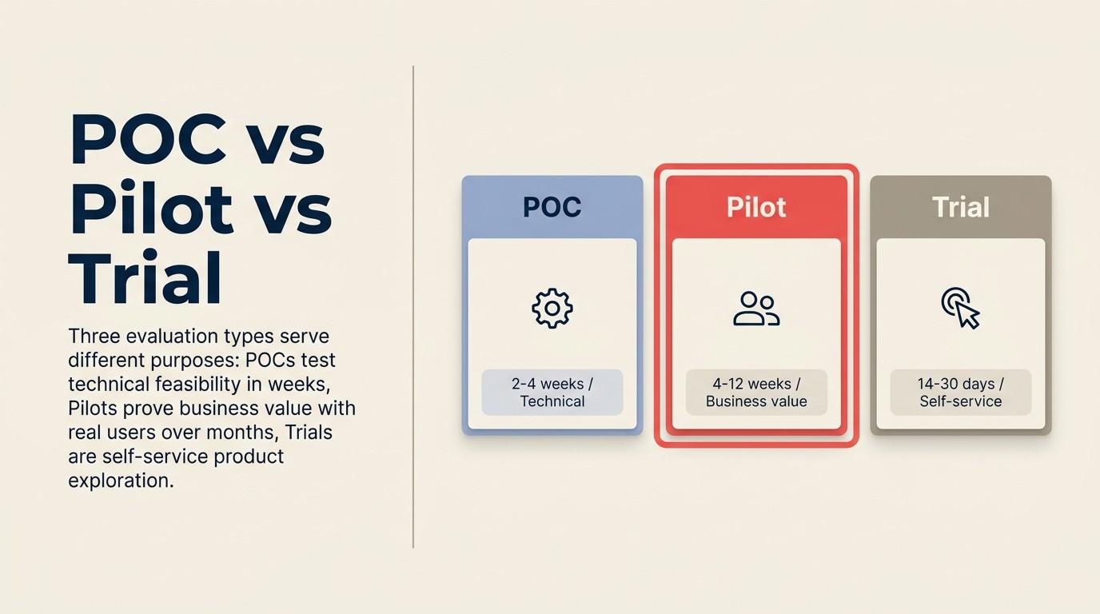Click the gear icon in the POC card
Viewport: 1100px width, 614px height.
tap(552, 309)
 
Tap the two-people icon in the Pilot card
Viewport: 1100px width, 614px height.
tap(756, 309)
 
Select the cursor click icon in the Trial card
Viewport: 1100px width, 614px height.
tap(960, 309)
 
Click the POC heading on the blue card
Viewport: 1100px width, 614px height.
tap(552, 208)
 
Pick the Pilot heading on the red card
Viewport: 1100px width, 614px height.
tap(756, 208)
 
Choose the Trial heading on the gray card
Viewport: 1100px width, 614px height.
tap(961, 208)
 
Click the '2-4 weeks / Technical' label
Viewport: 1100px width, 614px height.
tap(552, 393)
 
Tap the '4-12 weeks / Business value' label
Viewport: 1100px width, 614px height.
tap(756, 393)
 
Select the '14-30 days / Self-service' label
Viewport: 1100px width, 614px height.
tap(961, 393)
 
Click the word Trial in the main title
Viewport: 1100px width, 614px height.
tap(145, 279)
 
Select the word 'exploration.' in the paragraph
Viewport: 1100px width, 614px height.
tap(121, 481)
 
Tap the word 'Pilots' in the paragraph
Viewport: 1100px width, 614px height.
tap(93, 409)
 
